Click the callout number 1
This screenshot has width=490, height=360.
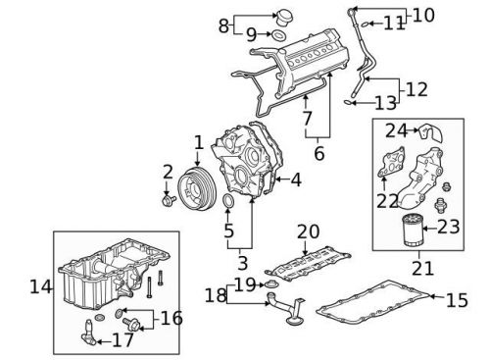[198, 143]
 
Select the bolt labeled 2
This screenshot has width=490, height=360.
[169, 200]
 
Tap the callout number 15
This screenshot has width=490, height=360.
[456, 300]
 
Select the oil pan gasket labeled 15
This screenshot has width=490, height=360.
[377, 304]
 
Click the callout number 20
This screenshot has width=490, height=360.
[309, 231]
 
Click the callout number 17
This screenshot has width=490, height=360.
[124, 342]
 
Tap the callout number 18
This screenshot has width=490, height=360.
[213, 295]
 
